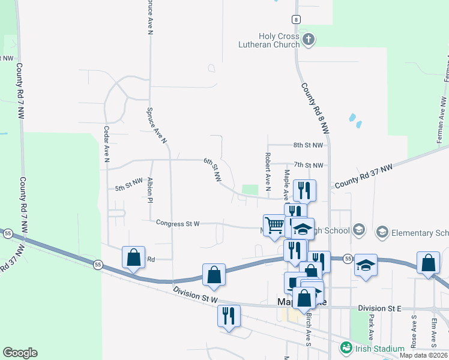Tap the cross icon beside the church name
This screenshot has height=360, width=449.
[309, 40]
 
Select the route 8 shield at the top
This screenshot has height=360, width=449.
[296, 19]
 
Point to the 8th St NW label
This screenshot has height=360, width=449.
[308, 145]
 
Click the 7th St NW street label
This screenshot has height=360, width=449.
[309, 165]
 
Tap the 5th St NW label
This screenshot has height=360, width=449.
[129, 184]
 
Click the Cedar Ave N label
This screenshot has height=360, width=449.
[107, 144]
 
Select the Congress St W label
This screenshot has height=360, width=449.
[178, 223]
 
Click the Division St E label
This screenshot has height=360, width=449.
[379, 308]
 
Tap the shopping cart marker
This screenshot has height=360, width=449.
[274, 226]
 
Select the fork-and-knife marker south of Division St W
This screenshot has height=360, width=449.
[228, 316]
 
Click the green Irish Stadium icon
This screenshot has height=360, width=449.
[345, 347]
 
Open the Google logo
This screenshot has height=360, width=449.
[20, 353]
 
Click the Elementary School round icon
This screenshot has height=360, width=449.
[382, 232]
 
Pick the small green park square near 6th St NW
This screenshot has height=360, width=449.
[250, 190]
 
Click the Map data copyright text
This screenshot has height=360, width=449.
[423, 355]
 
